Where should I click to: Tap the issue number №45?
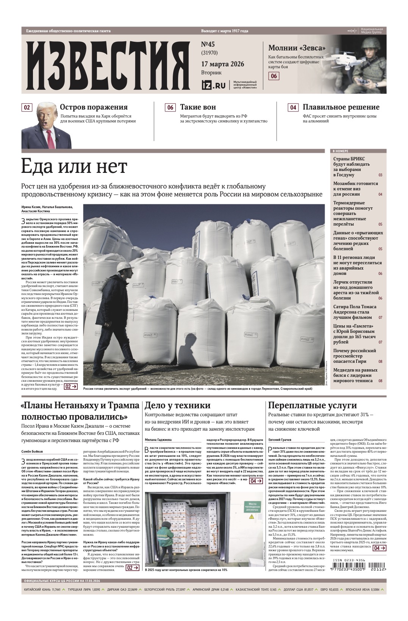209,45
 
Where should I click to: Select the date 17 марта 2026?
222,64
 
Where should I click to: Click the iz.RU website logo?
213,85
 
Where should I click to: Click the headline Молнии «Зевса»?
297,48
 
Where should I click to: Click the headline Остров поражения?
94,107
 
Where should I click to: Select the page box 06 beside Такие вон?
170,108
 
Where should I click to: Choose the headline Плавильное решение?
341,107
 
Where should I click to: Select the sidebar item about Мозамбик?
355,188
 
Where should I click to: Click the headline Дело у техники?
178,406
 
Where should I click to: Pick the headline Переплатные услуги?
313,406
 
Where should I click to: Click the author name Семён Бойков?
32,452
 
